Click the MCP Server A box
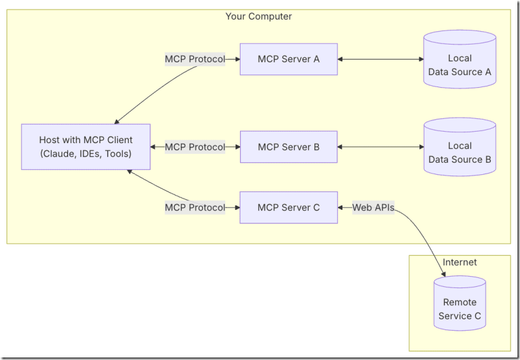[x=288, y=59]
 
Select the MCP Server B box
[x=288, y=147]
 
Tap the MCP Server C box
[x=288, y=207]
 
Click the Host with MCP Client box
[x=86, y=147]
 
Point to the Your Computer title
[x=258, y=17]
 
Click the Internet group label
[x=460, y=262]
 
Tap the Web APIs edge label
[x=373, y=207]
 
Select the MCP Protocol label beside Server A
[x=195, y=59]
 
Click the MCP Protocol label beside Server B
[x=195, y=147]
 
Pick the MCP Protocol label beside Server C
[x=195, y=207]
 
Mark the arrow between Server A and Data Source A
[x=381, y=59]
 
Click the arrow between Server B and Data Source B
[x=381, y=147]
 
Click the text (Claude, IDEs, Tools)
[x=86, y=153]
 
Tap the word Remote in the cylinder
[x=460, y=302]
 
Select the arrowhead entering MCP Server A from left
[x=236, y=59]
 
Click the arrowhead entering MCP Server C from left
[x=236, y=207]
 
